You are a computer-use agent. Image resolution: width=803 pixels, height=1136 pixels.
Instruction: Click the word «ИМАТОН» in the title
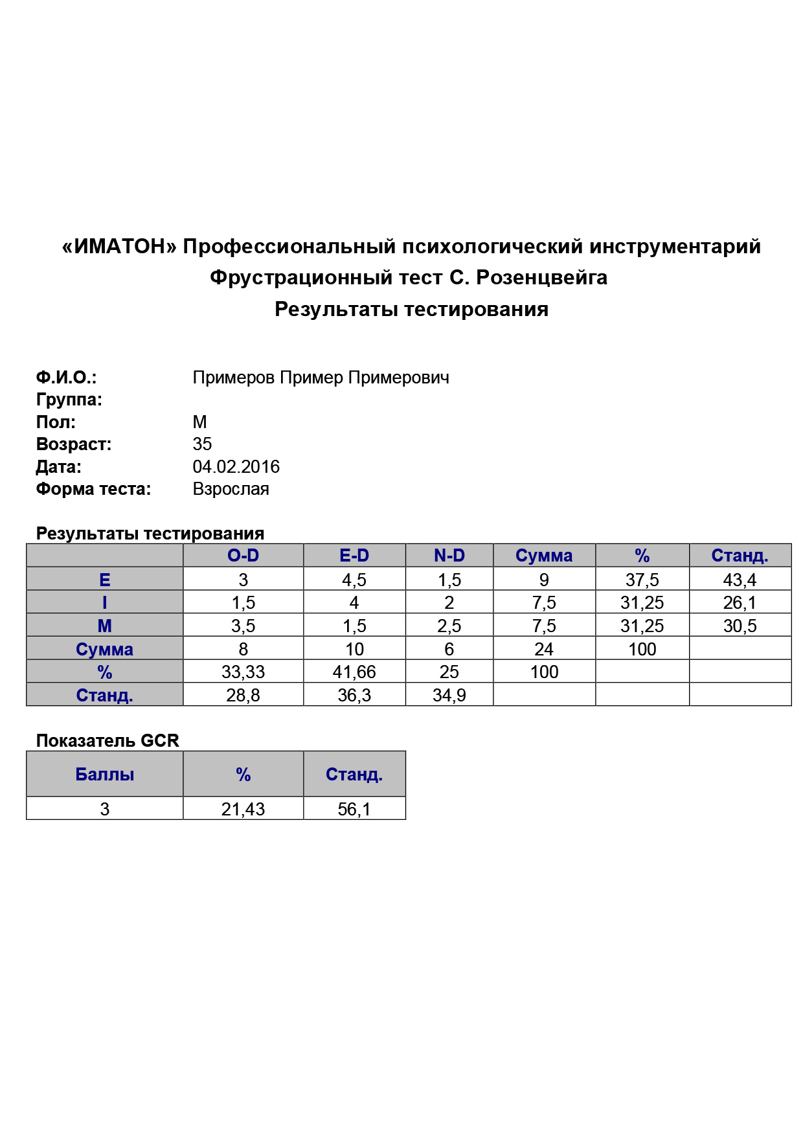click(119, 247)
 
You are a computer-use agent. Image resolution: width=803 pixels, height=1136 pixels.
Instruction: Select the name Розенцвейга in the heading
click(541, 278)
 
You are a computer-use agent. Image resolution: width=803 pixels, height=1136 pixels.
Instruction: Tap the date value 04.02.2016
click(236, 467)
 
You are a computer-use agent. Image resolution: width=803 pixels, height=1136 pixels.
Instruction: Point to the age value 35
click(202, 444)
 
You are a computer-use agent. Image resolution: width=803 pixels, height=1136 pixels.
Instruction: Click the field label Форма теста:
click(93, 489)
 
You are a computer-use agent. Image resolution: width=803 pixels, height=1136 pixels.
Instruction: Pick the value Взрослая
click(231, 489)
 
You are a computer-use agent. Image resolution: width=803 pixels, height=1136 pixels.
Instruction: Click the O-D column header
click(243, 556)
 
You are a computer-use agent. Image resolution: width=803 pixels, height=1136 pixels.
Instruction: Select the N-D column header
click(449, 556)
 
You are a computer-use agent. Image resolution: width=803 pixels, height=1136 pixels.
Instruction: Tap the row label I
click(104, 603)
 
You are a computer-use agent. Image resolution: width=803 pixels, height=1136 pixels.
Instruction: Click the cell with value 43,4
click(740, 580)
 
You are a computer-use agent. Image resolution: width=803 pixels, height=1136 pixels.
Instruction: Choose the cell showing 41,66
click(354, 672)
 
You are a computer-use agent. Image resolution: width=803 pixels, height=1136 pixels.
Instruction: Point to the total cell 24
click(543, 649)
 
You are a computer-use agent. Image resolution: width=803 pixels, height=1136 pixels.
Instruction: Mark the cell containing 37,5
click(642, 580)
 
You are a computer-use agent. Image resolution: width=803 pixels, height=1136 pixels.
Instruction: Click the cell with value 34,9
click(449, 696)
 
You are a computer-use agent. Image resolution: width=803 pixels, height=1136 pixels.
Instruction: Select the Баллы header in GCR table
click(104, 775)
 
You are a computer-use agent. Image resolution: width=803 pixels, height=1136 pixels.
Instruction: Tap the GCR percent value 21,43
click(243, 809)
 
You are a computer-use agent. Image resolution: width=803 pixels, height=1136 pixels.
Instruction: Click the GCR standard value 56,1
click(354, 809)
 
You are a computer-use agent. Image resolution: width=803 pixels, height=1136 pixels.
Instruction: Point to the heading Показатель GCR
click(107, 741)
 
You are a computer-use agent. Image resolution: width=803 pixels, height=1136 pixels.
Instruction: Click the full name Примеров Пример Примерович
click(321, 378)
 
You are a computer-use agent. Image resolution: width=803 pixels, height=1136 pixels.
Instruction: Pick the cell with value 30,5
click(740, 626)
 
